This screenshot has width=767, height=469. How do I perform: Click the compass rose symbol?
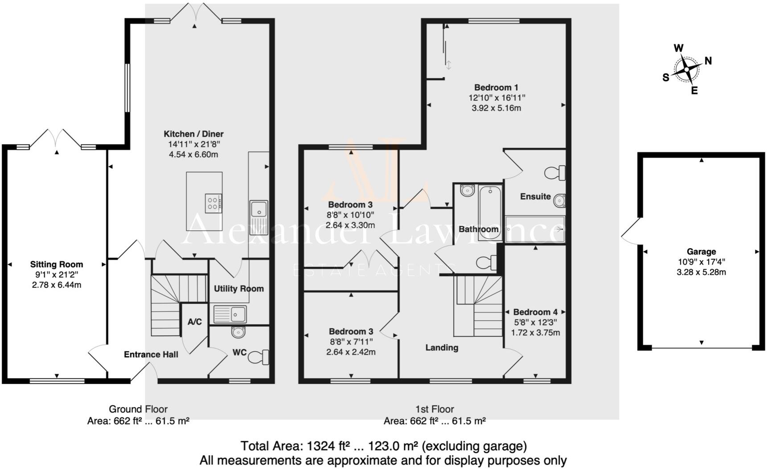pos(687,69)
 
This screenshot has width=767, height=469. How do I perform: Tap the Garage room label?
pos(701,252)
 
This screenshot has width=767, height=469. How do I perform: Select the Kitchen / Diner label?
pos(193,134)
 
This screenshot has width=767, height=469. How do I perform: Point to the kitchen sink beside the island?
pos(258,209)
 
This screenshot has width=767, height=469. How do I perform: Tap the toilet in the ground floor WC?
pos(258,357)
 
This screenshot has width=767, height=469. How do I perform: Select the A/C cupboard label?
pos(195,322)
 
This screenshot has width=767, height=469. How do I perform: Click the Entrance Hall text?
pos(151,355)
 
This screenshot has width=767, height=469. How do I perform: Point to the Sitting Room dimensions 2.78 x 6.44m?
pos(57,285)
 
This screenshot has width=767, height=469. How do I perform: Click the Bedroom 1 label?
pos(496,87)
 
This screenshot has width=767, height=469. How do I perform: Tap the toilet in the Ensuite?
pos(556,173)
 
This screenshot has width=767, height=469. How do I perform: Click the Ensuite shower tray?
pos(535,229)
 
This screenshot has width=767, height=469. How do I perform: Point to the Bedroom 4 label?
pos(535,312)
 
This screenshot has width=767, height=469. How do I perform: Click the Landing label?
pos(441,347)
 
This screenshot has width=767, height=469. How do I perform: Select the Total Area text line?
pos(383,446)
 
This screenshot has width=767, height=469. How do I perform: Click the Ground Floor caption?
pos(138,409)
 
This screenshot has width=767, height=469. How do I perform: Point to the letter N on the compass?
pos(708,61)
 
